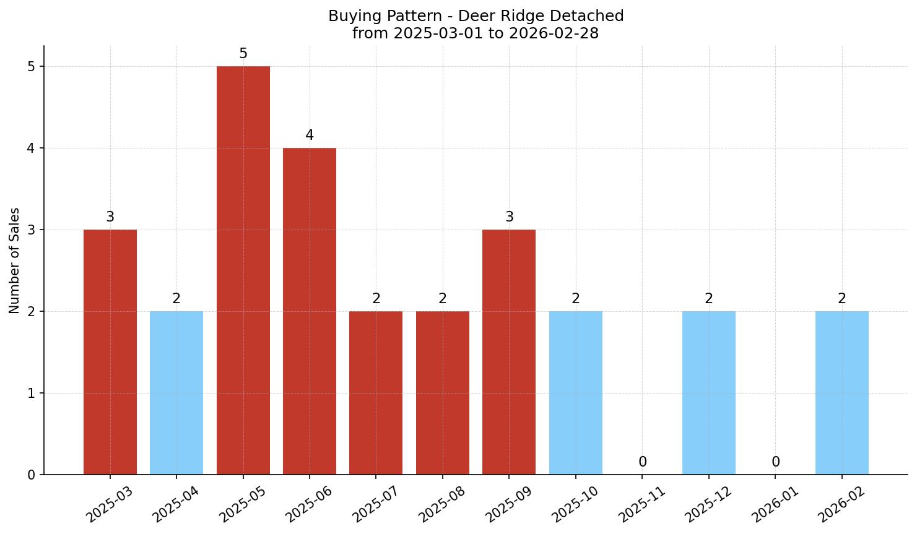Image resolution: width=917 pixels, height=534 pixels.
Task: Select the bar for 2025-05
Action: click(243, 270)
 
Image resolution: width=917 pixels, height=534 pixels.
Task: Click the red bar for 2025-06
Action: click(309, 311)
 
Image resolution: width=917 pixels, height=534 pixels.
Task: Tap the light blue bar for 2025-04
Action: click(176, 392)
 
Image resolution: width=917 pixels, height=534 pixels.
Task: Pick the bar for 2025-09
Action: click(509, 351)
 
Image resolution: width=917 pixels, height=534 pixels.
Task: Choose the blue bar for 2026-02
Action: click(841, 392)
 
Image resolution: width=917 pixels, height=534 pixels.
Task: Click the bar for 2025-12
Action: click(708, 392)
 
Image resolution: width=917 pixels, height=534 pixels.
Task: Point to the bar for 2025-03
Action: click(110, 351)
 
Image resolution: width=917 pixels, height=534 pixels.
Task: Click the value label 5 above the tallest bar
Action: click(243, 54)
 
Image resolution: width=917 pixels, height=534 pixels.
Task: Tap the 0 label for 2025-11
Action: click(643, 462)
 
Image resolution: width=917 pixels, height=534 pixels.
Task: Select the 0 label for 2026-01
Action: click(775, 462)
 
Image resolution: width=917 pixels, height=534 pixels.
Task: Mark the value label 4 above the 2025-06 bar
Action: click(310, 136)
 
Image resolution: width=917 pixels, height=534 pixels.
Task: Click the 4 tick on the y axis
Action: click(32, 149)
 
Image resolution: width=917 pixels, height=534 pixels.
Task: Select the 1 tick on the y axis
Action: click(32, 394)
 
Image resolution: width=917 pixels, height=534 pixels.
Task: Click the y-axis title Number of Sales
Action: click(15, 261)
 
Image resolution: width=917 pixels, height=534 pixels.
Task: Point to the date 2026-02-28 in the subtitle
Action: click(553, 33)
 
